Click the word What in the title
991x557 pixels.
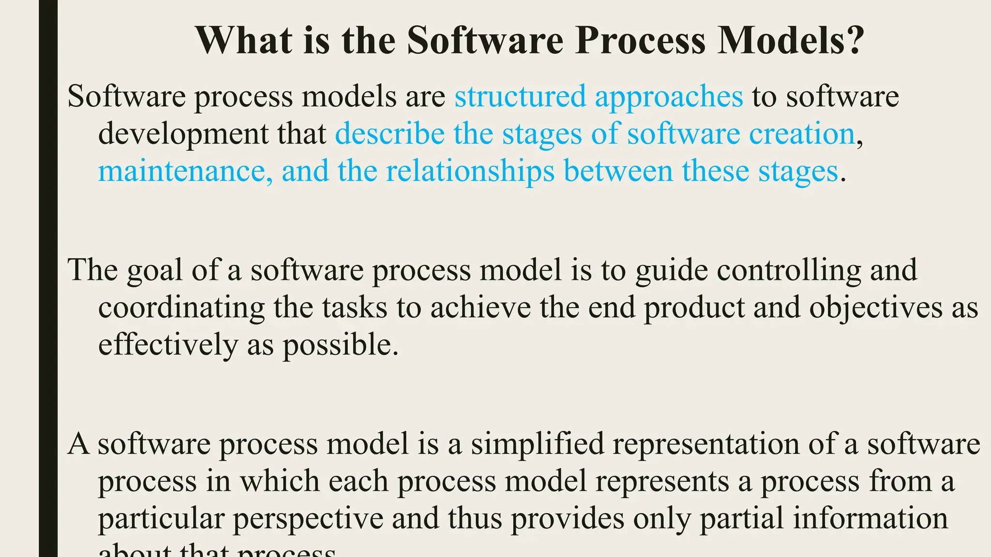[x=244, y=41]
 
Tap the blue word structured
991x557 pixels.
[x=520, y=96]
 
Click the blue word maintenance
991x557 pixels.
[x=182, y=171]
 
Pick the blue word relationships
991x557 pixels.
[x=470, y=172]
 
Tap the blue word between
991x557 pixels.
[x=618, y=171]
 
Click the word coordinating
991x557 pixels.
[x=181, y=308]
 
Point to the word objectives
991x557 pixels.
[x=876, y=308]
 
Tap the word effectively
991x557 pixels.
[x=168, y=346]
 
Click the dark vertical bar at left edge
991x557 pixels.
[x=48, y=278]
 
